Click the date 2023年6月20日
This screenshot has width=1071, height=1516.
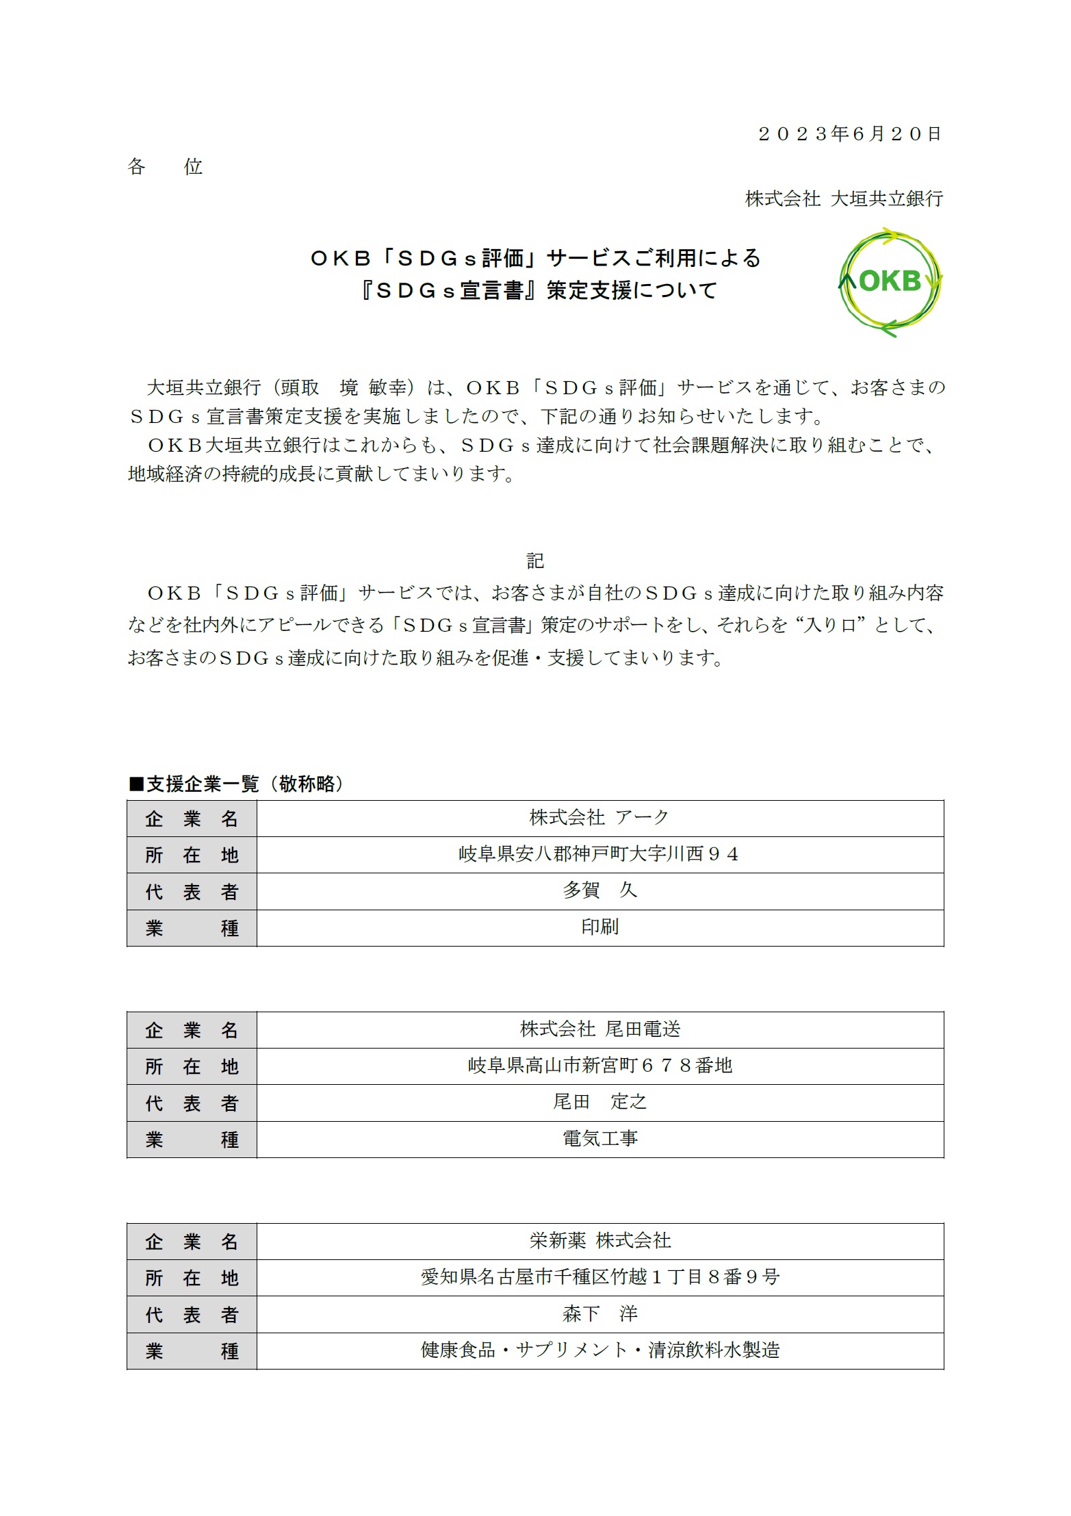point(850,133)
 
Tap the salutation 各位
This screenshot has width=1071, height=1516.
point(165,166)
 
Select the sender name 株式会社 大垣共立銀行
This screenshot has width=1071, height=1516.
point(844,198)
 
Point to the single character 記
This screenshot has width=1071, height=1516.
point(535,561)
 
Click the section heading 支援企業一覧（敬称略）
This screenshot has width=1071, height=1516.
point(236,784)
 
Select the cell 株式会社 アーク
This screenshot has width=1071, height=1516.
point(599,817)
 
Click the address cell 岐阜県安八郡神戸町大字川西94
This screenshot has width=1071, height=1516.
point(599,854)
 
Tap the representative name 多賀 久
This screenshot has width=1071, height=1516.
point(599,890)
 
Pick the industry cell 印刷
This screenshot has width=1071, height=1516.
point(599,927)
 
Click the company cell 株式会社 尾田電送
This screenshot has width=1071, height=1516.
point(599,1029)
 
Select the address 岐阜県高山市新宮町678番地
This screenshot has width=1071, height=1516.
point(599,1066)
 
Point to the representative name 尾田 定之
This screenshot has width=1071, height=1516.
point(599,1102)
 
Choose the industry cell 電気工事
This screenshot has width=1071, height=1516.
point(599,1139)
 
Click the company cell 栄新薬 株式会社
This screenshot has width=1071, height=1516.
point(599,1240)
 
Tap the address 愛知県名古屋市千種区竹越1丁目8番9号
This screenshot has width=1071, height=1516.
point(599,1277)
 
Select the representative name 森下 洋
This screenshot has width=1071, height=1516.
point(599,1313)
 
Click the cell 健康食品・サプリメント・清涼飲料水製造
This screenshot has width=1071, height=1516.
point(599,1350)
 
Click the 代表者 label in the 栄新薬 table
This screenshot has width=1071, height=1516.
point(192,1314)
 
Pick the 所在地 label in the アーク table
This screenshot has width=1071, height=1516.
point(192,855)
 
